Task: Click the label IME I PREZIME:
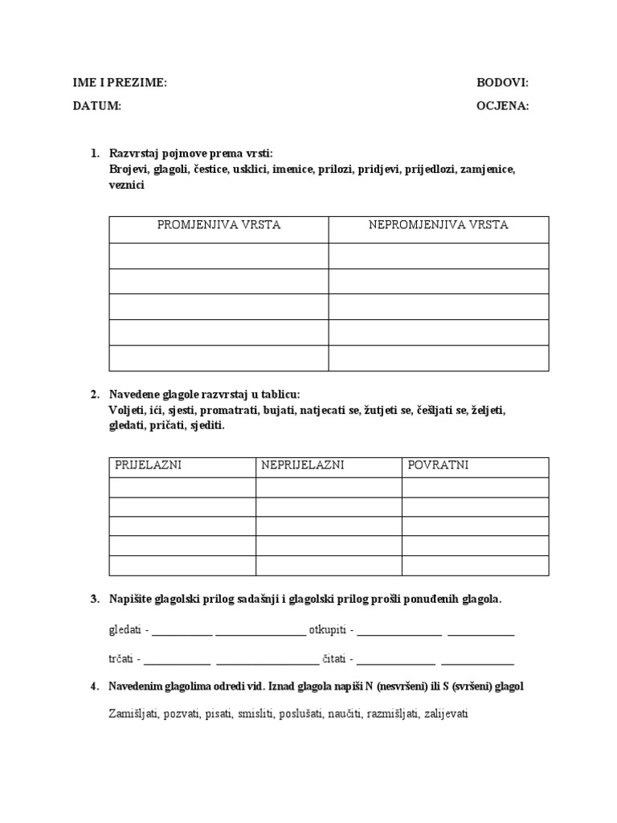[120, 83]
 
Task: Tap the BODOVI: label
[502, 83]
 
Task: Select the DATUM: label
[96, 106]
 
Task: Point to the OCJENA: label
[502, 106]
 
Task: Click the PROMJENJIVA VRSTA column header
[219, 225]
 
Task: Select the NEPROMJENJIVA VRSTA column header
[439, 225]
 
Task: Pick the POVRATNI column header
[438, 465]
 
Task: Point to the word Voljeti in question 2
[125, 411]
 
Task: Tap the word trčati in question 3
[121, 660]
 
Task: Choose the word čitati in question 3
[334, 660]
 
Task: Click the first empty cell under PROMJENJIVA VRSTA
[219, 256]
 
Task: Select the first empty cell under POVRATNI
[475, 488]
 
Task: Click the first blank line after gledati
[182, 633]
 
